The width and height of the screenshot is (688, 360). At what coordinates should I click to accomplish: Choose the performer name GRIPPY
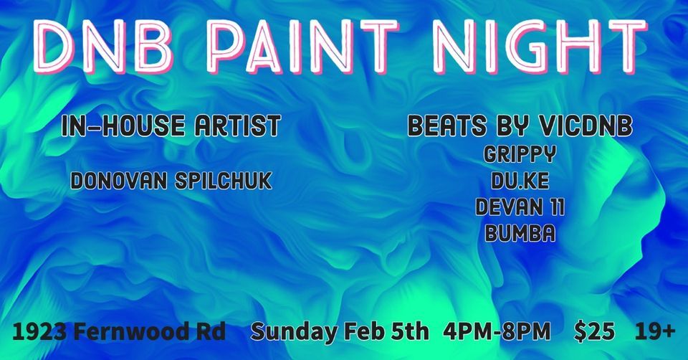[520, 153]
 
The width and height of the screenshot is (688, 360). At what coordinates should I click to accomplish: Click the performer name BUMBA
[520, 232]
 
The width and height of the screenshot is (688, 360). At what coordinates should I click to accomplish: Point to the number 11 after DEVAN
[554, 207]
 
